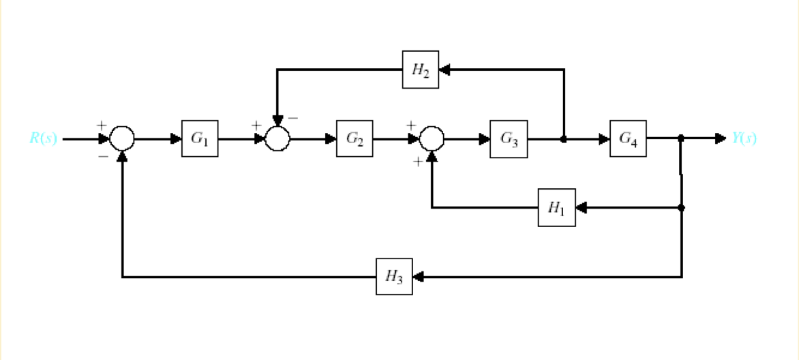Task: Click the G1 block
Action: pos(200,138)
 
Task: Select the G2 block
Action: pos(354,138)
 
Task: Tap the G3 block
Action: pos(508,138)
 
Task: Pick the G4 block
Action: pos(628,138)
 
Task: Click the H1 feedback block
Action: pos(556,208)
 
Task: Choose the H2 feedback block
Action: pos(420,70)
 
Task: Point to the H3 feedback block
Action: pos(394,277)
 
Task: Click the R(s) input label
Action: pos(43,138)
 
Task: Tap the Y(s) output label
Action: pos(744,138)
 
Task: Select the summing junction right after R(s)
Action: pos(123,138)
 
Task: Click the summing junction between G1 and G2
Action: pos(277,138)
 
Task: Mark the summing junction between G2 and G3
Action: pos(431,138)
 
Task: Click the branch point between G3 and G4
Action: pos(563,138)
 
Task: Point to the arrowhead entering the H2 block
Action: pos(444,70)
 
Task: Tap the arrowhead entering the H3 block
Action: pos(418,277)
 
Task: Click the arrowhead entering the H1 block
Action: pos(581,208)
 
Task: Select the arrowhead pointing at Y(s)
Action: pos(721,138)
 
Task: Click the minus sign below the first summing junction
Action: pos(103,156)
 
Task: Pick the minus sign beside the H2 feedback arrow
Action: pos(293,118)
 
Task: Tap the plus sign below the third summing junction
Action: pos(417,162)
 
